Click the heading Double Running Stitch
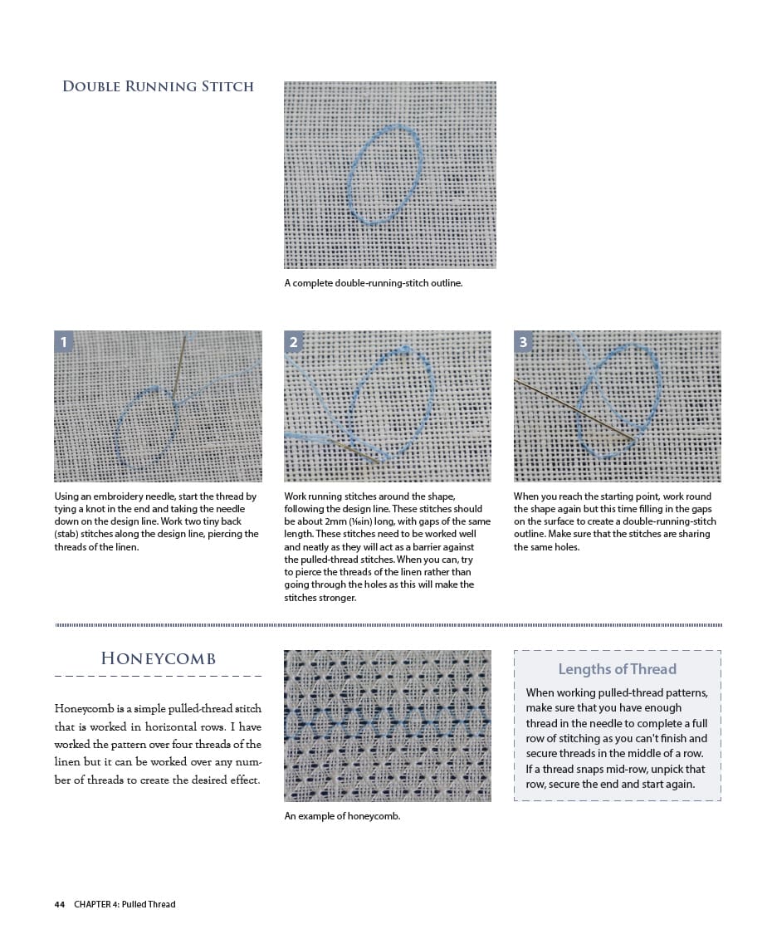click(158, 86)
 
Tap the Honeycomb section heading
click(158, 658)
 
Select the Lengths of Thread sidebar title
click(617, 669)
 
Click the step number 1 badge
click(64, 341)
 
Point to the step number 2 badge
click(294, 341)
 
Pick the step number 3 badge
click(523, 341)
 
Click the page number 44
click(60, 904)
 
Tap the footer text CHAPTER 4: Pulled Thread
click(125, 904)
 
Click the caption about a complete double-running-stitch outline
click(374, 283)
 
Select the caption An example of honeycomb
click(342, 816)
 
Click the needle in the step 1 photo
click(178, 365)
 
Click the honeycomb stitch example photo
click(387, 725)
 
